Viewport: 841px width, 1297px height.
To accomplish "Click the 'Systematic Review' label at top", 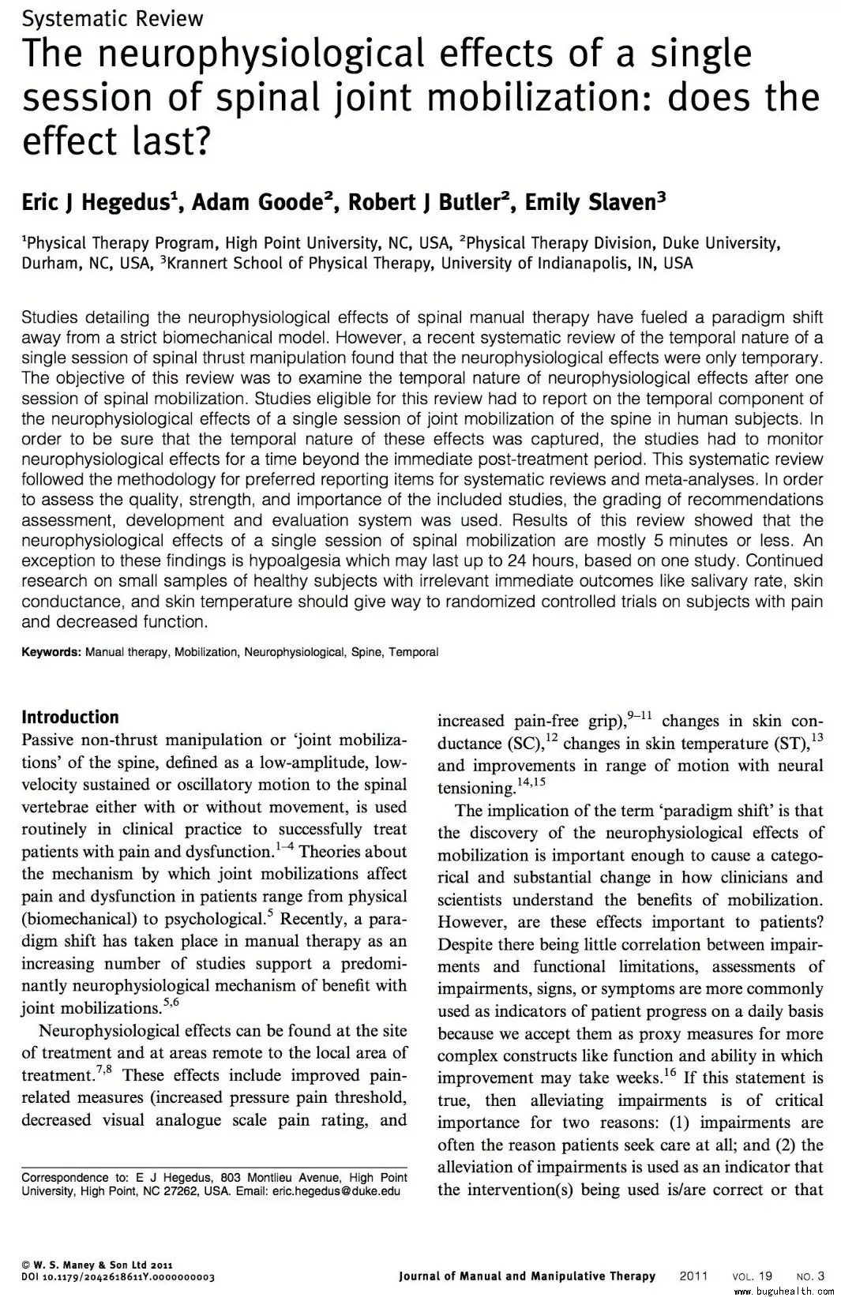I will point(112,18).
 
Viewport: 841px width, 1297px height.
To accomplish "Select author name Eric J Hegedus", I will point(99,203).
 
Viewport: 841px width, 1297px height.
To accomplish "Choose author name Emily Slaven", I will point(591,203).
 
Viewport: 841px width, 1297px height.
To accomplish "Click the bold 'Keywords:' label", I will point(51,652).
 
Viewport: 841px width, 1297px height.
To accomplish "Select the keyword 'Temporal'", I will point(413,652).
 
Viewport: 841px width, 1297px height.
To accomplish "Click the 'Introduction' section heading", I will point(70,717).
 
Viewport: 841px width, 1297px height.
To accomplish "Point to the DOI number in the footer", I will point(118,1276).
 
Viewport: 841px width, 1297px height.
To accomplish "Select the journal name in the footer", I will point(527,1276).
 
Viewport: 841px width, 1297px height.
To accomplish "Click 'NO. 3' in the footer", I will point(810,1276).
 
